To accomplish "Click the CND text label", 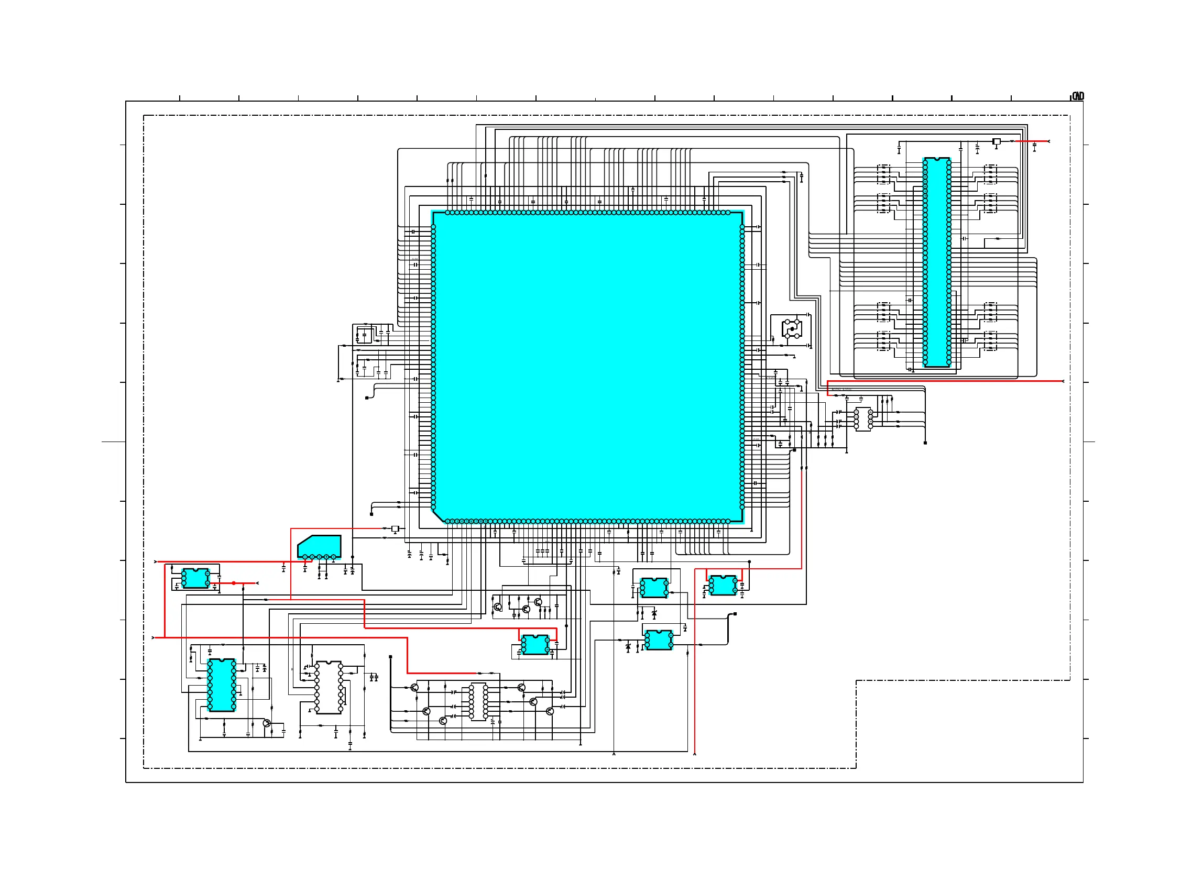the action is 1078,96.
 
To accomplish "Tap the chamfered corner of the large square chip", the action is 439,516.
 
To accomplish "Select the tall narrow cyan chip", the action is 936,262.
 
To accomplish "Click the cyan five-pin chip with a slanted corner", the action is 319,546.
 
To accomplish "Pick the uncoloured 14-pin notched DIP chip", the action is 329,687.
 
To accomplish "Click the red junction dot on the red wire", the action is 234,583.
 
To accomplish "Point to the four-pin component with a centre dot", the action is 792,329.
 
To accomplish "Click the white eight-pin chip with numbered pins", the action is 863,419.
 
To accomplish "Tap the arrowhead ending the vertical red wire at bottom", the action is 694,754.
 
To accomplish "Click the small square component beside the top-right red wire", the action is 997,141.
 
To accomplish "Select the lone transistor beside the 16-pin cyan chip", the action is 267,723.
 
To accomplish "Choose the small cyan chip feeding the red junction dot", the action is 195,578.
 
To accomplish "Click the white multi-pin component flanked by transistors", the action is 478,701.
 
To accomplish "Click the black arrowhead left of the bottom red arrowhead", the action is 614,754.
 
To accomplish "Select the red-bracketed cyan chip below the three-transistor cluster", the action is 535,644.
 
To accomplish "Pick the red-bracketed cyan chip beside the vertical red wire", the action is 723,585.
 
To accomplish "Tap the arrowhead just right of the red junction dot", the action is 257,583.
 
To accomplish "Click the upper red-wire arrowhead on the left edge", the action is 156,561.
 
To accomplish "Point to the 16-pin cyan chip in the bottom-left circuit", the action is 222,685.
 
